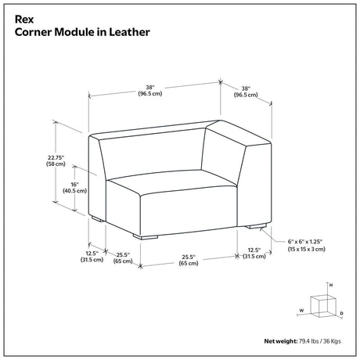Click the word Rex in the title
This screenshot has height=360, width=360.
[x=24, y=20]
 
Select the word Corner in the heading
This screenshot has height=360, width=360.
[x=33, y=32]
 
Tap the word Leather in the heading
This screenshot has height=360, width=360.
[x=129, y=32]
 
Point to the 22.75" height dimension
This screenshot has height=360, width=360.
[x=56, y=157]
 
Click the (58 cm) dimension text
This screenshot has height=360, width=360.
[x=56, y=164]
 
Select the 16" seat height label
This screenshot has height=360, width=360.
[x=74, y=185]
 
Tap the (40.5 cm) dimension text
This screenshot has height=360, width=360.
[x=74, y=191]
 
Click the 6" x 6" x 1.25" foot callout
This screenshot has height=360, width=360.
[x=305, y=242]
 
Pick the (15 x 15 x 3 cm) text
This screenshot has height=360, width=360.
[x=307, y=249]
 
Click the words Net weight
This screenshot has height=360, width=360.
[x=281, y=341]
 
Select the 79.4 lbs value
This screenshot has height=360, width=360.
[x=308, y=341]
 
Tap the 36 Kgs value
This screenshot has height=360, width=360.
[x=332, y=341]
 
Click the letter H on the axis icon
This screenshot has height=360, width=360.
[x=331, y=285]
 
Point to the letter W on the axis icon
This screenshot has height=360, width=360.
[x=301, y=311]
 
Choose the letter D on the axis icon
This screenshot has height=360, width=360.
[x=342, y=313]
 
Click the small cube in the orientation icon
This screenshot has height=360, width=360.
[x=322, y=306]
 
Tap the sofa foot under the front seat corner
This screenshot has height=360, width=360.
[x=146, y=237]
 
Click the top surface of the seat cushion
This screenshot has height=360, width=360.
[x=170, y=182]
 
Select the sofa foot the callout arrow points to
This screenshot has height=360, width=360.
[x=256, y=226]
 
